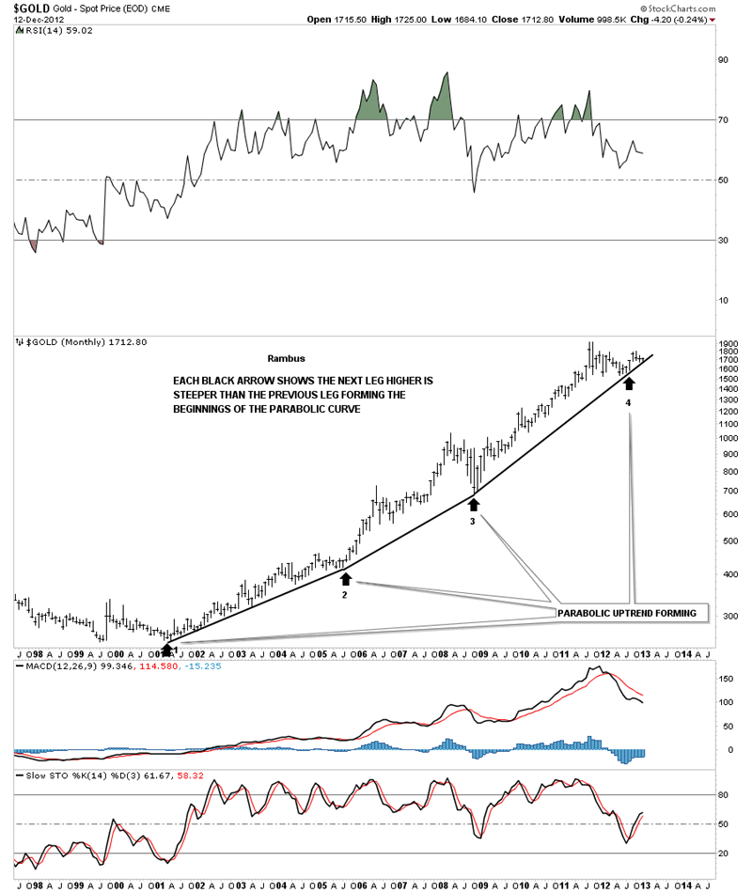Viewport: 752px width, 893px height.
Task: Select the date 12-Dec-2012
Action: pyautogui.click(x=29, y=20)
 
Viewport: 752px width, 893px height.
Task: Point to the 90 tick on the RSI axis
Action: pyautogui.click(x=724, y=59)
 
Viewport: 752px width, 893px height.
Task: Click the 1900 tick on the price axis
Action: pyautogui.click(x=728, y=345)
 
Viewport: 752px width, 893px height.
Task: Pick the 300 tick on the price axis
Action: pyautogui.click(x=726, y=616)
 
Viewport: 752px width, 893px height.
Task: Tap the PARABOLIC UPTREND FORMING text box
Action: pyautogui.click(x=627, y=613)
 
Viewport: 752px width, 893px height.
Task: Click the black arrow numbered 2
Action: pyautogui.click(x=345, y=579)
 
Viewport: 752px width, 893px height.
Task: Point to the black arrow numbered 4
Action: pyautogui.click(x=629, y=384)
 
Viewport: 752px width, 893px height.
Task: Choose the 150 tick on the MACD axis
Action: pyautogui.click(x=726, y=678)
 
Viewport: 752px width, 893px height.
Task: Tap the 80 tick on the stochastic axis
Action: pyautogui.click(x=724, y=794)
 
